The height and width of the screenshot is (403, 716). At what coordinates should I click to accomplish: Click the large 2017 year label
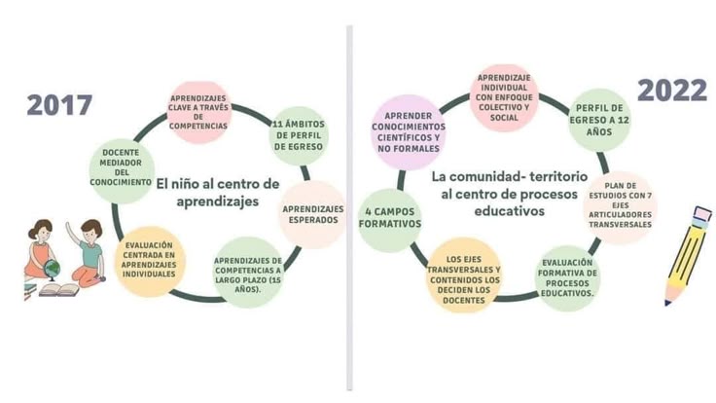59,105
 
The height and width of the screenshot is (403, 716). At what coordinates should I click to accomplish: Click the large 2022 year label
671,90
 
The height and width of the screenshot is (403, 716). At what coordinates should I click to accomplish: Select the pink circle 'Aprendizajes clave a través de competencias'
198,112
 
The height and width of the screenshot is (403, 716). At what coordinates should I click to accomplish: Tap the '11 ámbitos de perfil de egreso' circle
299,135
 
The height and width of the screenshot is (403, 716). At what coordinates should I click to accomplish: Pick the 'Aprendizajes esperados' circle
313,214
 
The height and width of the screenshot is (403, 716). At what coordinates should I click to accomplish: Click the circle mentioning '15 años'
248,273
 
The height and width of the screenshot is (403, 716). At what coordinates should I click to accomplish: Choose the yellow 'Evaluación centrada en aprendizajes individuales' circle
149,261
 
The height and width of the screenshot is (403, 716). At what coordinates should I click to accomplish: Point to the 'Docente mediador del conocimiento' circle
121,167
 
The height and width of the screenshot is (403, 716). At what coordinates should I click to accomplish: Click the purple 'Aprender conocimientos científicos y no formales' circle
409,132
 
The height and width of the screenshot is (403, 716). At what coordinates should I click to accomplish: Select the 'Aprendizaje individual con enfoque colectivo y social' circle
504,97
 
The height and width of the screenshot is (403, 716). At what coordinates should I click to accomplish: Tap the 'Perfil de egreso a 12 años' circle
599,120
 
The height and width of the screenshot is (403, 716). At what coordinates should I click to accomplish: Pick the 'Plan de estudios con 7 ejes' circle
620,205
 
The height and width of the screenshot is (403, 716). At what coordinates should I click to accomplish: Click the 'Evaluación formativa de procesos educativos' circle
567,278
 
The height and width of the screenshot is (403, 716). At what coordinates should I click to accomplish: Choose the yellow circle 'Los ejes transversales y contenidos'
463,275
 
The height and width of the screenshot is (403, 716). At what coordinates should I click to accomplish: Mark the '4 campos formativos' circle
389,218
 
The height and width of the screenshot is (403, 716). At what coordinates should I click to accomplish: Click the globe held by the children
52,269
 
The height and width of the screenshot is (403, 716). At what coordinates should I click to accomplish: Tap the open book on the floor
59,290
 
